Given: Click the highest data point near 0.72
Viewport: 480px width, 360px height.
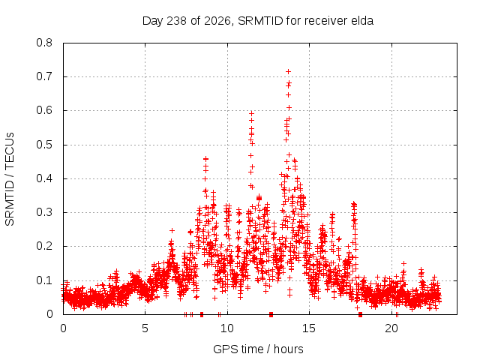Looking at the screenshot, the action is coord(288,72).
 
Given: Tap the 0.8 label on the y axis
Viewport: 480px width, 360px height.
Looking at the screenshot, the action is coord(44,43).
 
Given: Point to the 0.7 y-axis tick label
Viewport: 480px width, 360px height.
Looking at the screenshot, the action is coord(44,76).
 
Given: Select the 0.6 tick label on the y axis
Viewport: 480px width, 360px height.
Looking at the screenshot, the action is coord(44,110).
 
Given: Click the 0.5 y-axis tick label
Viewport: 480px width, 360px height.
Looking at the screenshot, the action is coord(44,145).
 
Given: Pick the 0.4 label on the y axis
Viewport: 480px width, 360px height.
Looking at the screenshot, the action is coord(44,178).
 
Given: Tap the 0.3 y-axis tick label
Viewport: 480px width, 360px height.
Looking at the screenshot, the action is coord(44,212).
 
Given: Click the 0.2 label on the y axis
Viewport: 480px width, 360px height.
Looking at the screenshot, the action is coord(44,247).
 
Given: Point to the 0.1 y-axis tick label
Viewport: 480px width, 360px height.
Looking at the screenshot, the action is coord(44,280).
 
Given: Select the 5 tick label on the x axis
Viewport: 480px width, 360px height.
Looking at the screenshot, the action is coord(145,328).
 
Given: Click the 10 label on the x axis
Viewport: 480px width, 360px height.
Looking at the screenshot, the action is coord(227,328).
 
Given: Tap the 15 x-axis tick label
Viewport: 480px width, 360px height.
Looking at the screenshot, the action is coord(309,328).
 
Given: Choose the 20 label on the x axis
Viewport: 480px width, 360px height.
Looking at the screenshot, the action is coord(391,328).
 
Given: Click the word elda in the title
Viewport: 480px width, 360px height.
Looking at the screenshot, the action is coord(363,21).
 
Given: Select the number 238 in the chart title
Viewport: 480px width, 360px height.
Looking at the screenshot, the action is coord(177,21).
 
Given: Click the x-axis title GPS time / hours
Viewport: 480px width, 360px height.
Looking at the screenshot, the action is coord(258,349).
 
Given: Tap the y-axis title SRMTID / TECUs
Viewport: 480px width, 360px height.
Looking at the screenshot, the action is coord(10,179).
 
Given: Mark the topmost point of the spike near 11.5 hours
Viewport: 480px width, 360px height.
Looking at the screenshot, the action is coord(252,113).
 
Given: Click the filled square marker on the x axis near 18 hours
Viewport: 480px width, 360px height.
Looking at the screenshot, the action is coord(360,314).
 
